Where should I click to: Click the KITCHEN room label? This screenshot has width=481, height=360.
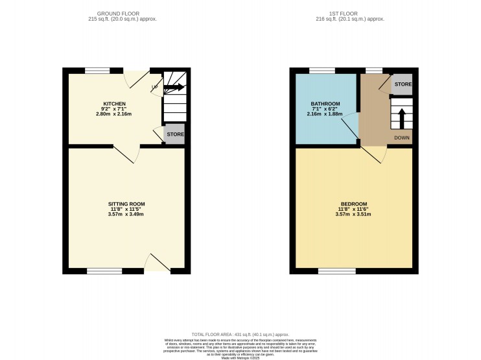click(x=113, y=104)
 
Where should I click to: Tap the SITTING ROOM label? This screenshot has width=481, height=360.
click(x=126, y=204)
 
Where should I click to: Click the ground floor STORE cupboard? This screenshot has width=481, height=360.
click(x=175, y=135)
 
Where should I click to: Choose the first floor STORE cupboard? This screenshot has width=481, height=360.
click(x=403, y=85)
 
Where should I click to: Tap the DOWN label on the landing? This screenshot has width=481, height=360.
click(x=402, y=138)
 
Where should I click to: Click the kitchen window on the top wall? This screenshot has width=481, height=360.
click(x=97, y=69)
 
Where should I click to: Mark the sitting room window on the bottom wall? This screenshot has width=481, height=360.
click(x=105, y=270)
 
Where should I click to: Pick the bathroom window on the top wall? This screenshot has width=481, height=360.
click(x=318, y=70)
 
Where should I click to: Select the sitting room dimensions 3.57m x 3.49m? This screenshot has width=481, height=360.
click(x=126, y=214)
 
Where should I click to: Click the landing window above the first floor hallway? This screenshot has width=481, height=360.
click(x=374, y=70)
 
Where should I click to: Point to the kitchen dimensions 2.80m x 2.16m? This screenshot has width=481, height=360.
click(x=113, y=114)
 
